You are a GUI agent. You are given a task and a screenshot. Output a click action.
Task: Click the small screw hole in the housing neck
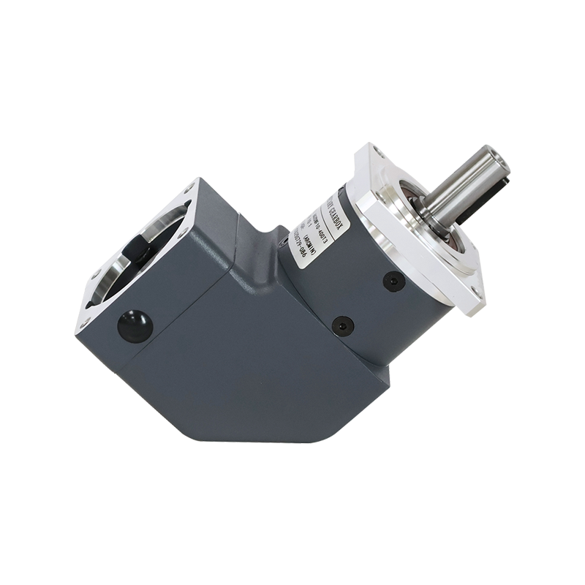(282, 237)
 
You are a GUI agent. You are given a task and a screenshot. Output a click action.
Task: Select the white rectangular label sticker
(322, 223)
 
